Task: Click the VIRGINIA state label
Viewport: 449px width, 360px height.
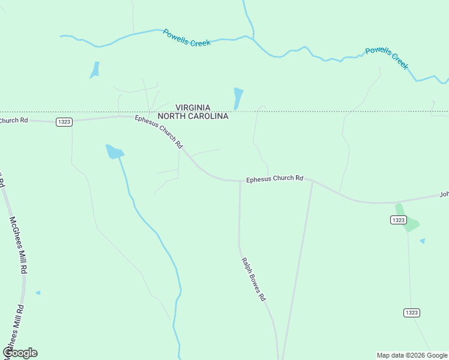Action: point(193,107)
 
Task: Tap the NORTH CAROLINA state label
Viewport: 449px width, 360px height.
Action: point(193,116)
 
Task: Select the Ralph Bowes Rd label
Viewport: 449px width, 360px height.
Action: point(254,279)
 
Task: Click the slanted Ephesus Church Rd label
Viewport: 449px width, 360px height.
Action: point(159,131)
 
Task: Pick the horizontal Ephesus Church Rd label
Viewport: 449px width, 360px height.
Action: point(274,178)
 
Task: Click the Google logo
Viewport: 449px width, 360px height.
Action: point(20,353)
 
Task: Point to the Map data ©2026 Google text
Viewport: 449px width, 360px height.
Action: point(411,355)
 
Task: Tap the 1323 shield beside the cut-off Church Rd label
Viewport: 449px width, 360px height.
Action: point(64,122)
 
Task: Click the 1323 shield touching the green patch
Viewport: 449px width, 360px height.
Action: point(399,220)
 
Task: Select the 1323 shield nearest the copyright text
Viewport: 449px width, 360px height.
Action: point(411,313)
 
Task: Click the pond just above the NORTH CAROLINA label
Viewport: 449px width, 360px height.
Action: point(238,98)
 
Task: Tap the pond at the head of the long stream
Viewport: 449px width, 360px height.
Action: point(113,151)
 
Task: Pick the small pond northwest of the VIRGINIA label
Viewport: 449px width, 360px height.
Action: point(95,70)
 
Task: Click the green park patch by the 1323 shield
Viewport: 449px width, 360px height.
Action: point(408,220)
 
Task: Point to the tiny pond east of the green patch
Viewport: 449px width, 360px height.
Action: point(423,241)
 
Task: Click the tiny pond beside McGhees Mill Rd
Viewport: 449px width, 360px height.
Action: point(38,293)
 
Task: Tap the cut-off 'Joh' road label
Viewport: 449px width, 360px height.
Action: point(444,194)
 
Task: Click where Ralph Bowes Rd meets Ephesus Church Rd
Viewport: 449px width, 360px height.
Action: point(240,181)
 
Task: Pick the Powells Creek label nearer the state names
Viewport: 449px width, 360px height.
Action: point(187,38)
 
